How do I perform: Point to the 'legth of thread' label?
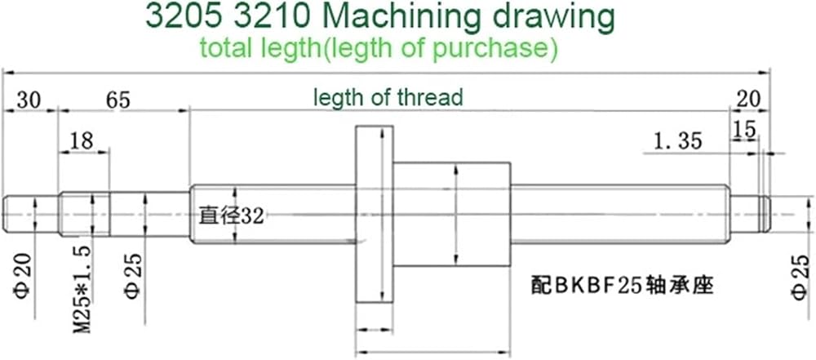click(388, 97)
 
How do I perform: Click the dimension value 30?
click(29, 100)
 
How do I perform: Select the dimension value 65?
click(118, 100)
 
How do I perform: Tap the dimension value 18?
click(82, 140)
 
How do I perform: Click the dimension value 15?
click(744, 131)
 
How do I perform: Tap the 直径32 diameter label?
click(232, 216)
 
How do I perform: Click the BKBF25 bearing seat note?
click(621, 286)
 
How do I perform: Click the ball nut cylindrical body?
click(451, 215)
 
